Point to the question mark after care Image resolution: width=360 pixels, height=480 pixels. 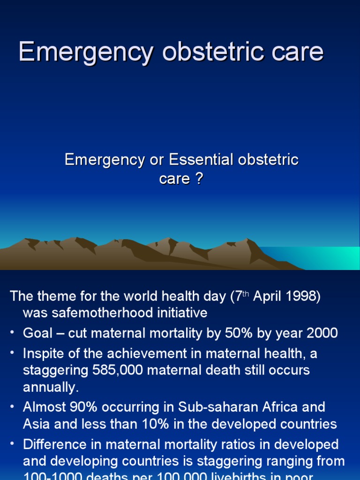pyautogui.click(x=199, y=179)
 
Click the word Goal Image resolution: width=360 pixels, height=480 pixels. pyautogui.click(x=37, y=333)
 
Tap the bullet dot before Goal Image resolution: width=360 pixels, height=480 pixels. pyautogui.click(x=12, y=333)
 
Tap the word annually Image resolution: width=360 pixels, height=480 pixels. pyautogui.click(x=50, y=387)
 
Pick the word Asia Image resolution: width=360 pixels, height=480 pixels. pyautogui.click(x=37, y=424)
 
